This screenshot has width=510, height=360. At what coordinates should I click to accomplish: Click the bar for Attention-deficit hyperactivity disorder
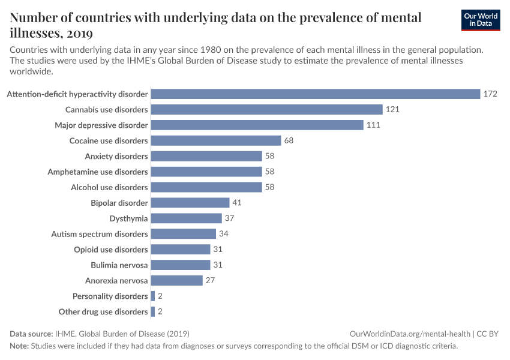point(316,94)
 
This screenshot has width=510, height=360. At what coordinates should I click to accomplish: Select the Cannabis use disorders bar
point(266,109)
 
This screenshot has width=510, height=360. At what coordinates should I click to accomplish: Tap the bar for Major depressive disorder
point(257,125)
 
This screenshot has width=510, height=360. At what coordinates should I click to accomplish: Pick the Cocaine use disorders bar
point(216,140)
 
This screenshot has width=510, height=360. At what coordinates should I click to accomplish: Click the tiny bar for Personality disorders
point(153,296)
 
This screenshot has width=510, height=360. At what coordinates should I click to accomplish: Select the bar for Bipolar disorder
point(190,203)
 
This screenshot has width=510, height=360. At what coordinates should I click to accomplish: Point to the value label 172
point(490,94)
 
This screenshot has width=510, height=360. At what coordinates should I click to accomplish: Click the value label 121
point(392,109)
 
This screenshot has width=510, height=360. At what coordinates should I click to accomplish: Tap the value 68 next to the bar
point(289,140)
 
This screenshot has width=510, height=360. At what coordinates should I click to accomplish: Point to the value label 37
point(230,218)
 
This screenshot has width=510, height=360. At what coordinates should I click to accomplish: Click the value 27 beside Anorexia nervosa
point(211,280)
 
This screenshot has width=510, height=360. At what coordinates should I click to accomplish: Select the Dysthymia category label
point(128,218)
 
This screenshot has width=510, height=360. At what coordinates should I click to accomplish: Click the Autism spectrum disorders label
point(100,234)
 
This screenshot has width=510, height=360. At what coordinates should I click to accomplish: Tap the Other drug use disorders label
point(103,311)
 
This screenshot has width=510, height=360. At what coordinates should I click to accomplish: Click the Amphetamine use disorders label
point(98,172)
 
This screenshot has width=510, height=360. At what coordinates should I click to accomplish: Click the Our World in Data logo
point(480,20)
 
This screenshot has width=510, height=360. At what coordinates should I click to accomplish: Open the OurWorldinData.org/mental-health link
point(410,334)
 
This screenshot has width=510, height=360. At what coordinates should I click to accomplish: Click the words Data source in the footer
point(31,334)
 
